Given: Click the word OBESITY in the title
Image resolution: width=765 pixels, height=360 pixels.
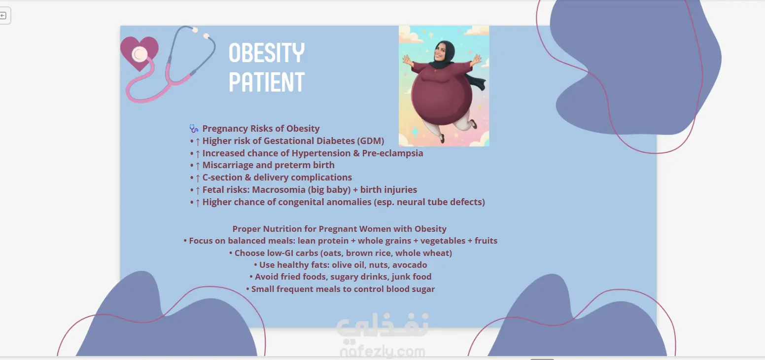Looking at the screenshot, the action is pos(266,53).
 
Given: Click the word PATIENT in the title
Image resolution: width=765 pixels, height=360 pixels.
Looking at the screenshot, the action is pos(266,82).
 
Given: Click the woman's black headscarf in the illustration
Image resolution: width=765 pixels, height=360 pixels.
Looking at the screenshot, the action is pos(444,55).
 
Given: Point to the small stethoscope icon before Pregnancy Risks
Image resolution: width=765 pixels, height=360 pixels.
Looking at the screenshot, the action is pos(194,128).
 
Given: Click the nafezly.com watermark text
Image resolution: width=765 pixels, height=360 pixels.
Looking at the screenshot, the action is pos(382,351).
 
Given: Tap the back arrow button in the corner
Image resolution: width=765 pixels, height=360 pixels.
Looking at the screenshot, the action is pos(3,15).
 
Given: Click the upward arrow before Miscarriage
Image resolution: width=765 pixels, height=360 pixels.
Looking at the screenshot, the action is pos(197,166).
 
